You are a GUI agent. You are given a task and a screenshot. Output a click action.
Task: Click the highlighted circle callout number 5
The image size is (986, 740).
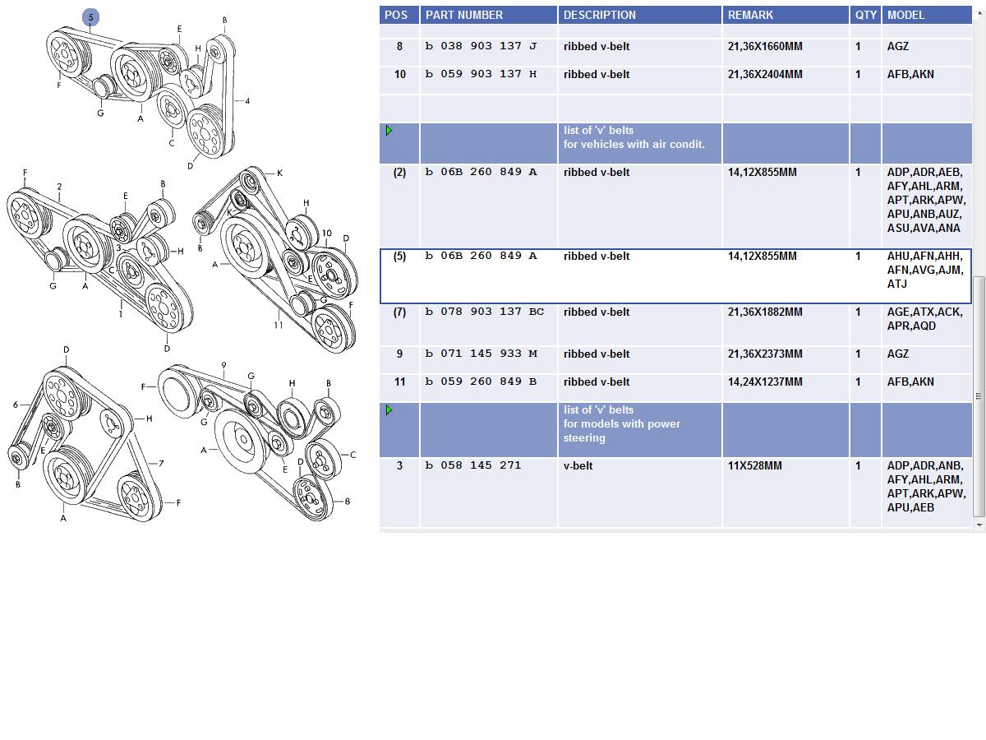coord(90,17)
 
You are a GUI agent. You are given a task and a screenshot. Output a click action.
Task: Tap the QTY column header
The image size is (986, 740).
coord(865,15)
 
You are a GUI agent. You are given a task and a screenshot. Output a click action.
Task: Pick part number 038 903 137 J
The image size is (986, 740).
coord(481,46)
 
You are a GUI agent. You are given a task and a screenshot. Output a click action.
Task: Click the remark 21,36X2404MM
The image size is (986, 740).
coord(765,74)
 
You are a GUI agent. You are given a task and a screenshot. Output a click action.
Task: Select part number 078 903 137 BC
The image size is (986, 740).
coord(484,312)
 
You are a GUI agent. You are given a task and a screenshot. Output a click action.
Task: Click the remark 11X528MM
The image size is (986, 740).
coord(754,465)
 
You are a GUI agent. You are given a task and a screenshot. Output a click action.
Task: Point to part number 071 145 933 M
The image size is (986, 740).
coord(481,354)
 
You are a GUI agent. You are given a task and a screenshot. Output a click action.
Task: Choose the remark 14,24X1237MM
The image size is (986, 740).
coord(765,382)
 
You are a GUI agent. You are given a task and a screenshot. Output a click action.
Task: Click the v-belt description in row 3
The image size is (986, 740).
coord(578,465)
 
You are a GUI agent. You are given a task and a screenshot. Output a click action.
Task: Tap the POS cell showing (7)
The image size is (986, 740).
coord(399,312)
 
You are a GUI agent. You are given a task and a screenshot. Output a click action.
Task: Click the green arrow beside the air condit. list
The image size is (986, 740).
coord(389,130)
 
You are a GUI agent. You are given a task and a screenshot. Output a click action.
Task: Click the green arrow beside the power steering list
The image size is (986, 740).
coord(389,409)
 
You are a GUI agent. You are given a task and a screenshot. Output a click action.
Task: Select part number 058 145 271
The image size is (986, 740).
coord(473,465)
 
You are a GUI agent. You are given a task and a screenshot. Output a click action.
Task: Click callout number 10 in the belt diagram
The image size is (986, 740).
coord(326,234)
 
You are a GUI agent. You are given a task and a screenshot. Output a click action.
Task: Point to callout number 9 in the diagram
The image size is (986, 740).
coord(223,365)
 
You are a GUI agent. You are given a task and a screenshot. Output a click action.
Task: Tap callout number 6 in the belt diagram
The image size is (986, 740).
coord(16,405)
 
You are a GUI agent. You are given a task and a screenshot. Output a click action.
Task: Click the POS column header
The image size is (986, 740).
coord(396,15)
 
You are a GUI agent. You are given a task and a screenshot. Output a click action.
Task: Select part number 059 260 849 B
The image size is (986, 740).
coord(481,382)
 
